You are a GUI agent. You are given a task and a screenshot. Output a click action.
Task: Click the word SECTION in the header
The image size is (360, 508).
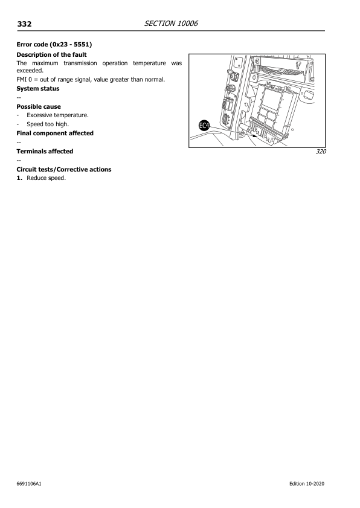159,23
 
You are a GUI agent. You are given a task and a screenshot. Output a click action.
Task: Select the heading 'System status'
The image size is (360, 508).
37,89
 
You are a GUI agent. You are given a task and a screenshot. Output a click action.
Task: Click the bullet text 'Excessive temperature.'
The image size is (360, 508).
58,115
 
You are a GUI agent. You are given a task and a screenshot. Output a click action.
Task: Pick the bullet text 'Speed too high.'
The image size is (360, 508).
48,124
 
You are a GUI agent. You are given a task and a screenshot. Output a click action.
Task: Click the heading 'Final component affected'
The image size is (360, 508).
54,133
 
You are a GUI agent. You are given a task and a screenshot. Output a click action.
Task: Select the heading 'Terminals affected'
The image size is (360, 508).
45,151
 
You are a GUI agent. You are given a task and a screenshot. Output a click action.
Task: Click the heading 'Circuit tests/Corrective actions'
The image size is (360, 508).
63,169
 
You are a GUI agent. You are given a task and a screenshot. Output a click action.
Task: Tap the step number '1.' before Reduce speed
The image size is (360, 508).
19,178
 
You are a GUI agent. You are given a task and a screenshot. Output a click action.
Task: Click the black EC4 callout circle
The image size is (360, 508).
204,126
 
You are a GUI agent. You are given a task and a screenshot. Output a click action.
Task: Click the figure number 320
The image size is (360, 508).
320,152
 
